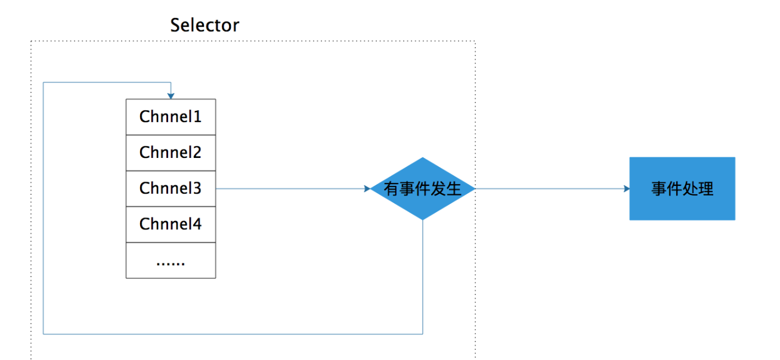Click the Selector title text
click(x=205, y=26)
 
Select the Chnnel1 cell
click(x=171, y=117)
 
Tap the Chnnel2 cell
click(x=171, y=153)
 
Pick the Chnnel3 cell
click(x=171, y=188)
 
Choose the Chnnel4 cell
click(x=171, y=224)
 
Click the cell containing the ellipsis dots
click(x=171, y=260)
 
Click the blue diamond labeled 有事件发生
click(x=422, y=189)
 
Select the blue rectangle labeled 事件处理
click(x=682, y=189)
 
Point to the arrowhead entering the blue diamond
click(x=367, y=189)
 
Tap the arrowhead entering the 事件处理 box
click(x=626, y=189)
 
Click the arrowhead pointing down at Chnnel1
click(x=171, y=95)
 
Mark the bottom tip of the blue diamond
click(x=423, y=219)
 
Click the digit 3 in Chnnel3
click(x=197, y=188)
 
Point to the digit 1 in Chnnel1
click(x=197, y=117)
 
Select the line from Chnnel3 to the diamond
click(x=292, y=189)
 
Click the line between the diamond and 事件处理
click(x=552, y=189)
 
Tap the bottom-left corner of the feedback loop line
click(x=44, y=334)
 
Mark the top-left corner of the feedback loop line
click(x=44, y=83)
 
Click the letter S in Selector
click(x=175, y=26)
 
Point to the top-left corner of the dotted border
click(x=31, y=41)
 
